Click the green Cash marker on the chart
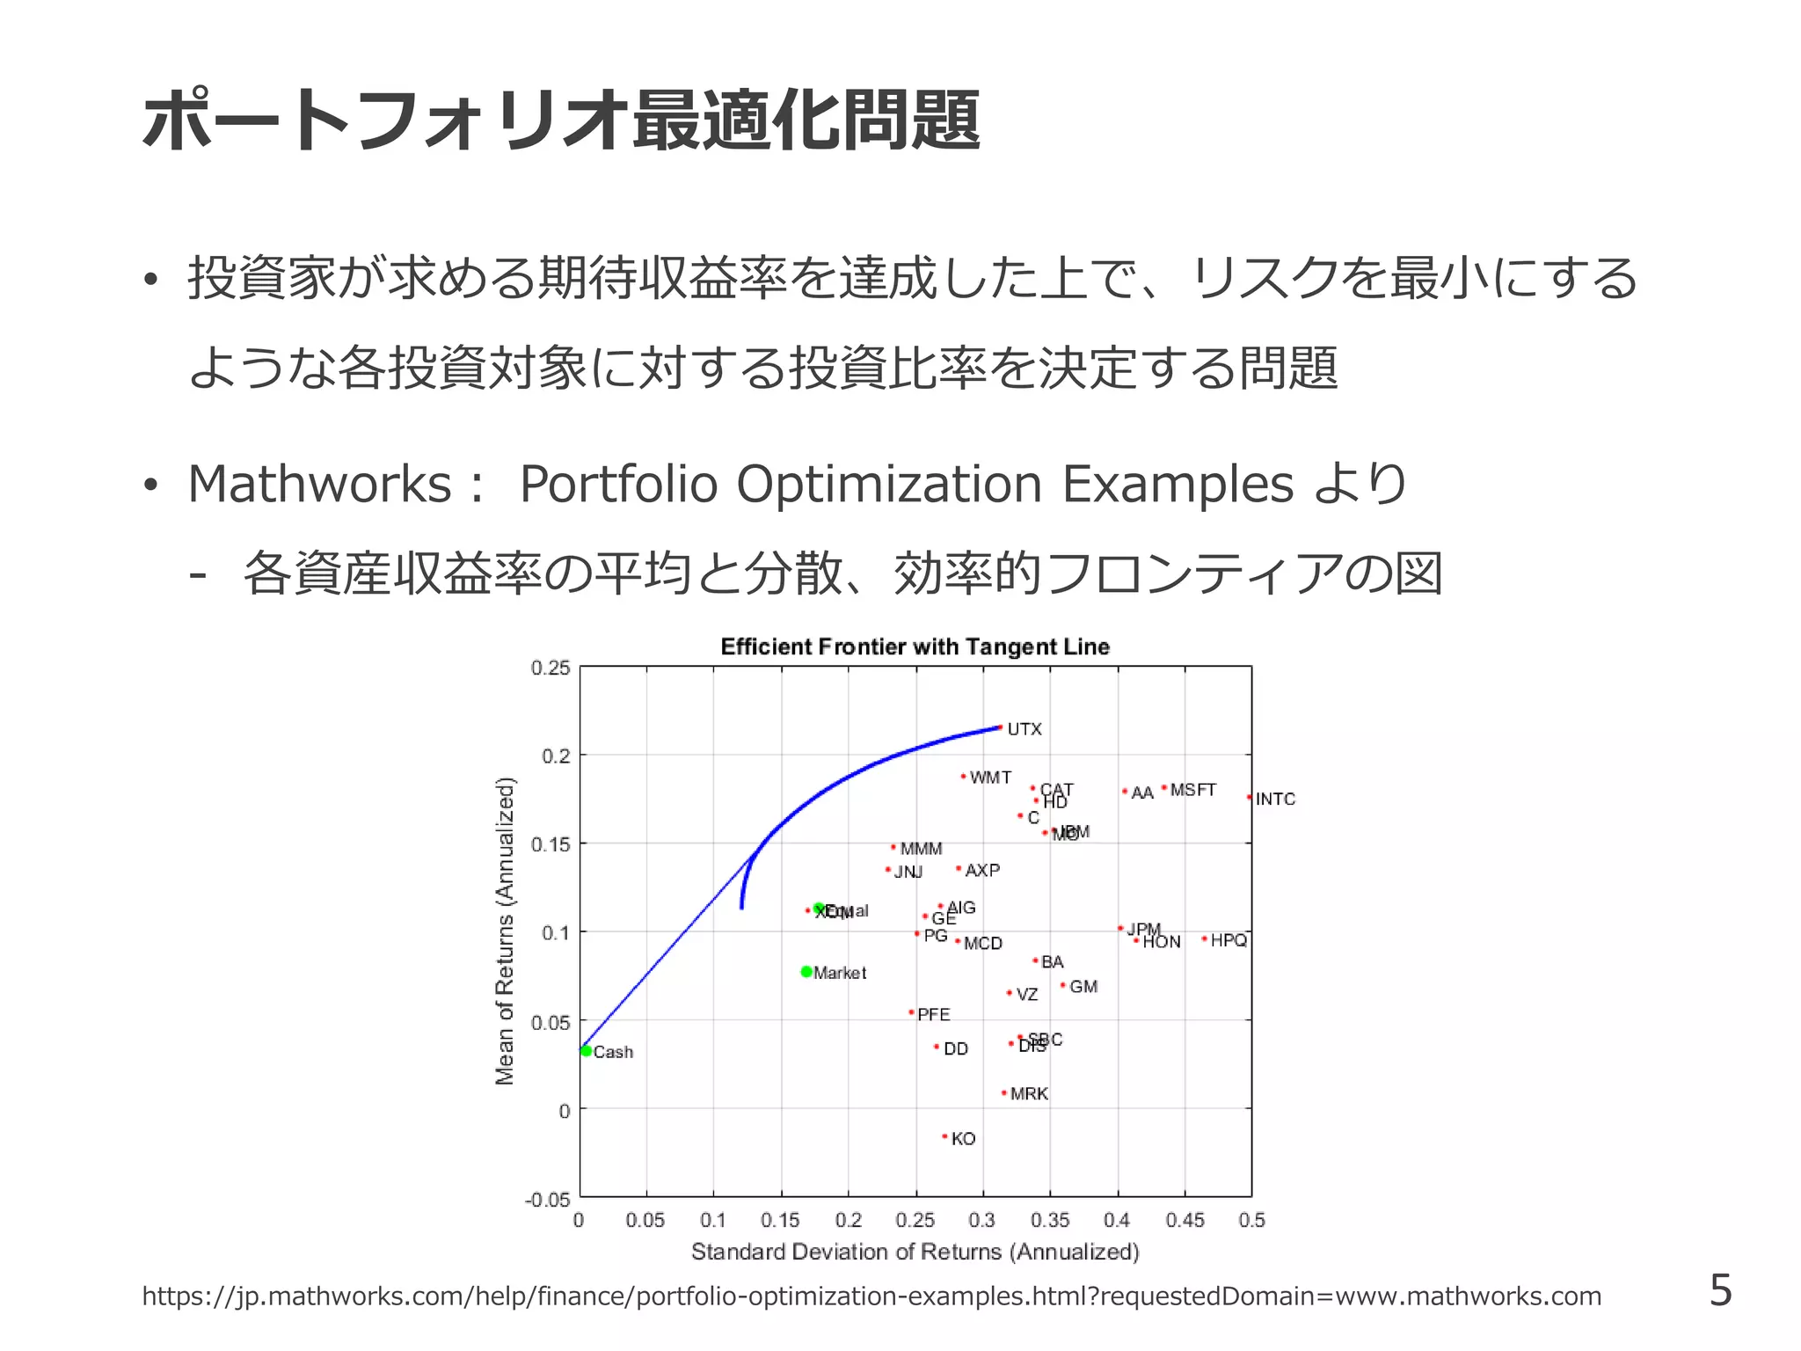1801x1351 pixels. (586, 1050)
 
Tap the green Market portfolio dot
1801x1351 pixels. (806, 972)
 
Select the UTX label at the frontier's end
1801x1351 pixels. (1024, 729)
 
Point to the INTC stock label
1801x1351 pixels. (1275, 800)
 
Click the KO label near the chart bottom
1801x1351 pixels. (963, 1139)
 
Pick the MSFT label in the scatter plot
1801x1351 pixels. (1192, 790)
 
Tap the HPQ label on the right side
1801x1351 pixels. (1229, 940)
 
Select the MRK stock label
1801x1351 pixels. (1029, 1094)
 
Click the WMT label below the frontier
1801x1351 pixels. (990, 778)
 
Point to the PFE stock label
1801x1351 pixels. (933, 1015)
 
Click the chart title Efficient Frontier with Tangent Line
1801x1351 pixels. (915, 647)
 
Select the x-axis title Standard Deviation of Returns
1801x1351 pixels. (915, 1252)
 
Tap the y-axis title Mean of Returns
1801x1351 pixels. (505, 931)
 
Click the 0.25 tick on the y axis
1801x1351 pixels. (551, 668)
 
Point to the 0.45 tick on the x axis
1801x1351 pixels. (1185, 1221)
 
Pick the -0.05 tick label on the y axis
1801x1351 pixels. (548, 1200)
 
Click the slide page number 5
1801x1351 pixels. (1720, 1290)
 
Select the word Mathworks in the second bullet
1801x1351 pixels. (319, 484)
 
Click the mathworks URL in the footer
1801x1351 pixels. (871, 1296)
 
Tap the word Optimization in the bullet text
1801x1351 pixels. (888, 484)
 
